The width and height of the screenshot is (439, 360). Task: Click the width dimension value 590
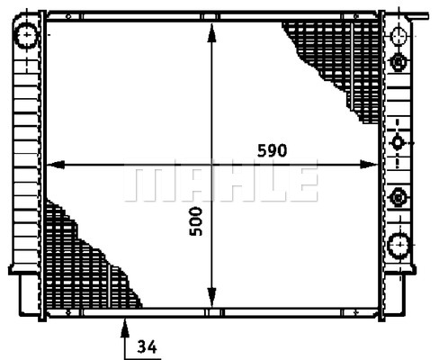[x=272, y=150]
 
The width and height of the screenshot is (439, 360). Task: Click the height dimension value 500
[x=196, y=221]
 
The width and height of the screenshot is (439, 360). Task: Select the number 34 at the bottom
[x=148, y=346]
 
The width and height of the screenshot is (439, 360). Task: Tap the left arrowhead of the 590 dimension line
[x=56, y=165]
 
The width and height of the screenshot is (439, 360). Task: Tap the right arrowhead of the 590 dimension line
[x=369, y=165]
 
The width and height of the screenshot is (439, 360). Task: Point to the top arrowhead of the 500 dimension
[x=211, y=33]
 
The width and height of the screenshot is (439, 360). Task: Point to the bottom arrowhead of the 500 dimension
[x=211, y=297]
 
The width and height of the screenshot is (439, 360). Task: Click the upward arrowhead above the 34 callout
[x=125, y=328]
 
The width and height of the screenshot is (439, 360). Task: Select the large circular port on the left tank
[x=27, y=35]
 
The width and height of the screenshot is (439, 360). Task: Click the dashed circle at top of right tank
[x=399, y=35]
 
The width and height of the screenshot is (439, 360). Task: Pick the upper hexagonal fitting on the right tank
[x=399, y=62]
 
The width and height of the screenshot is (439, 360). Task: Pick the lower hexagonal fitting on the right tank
[x=399, y=198]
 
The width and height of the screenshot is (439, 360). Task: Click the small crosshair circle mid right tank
[x=398, y=142]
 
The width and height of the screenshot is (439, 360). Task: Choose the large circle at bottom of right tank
[x=399, y=246]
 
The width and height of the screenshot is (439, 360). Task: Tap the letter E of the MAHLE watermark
[x=303, y=184]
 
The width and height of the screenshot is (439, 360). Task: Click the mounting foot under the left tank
[x=30, y=294]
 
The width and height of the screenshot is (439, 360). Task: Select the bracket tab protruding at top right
[x=420, y=16]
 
